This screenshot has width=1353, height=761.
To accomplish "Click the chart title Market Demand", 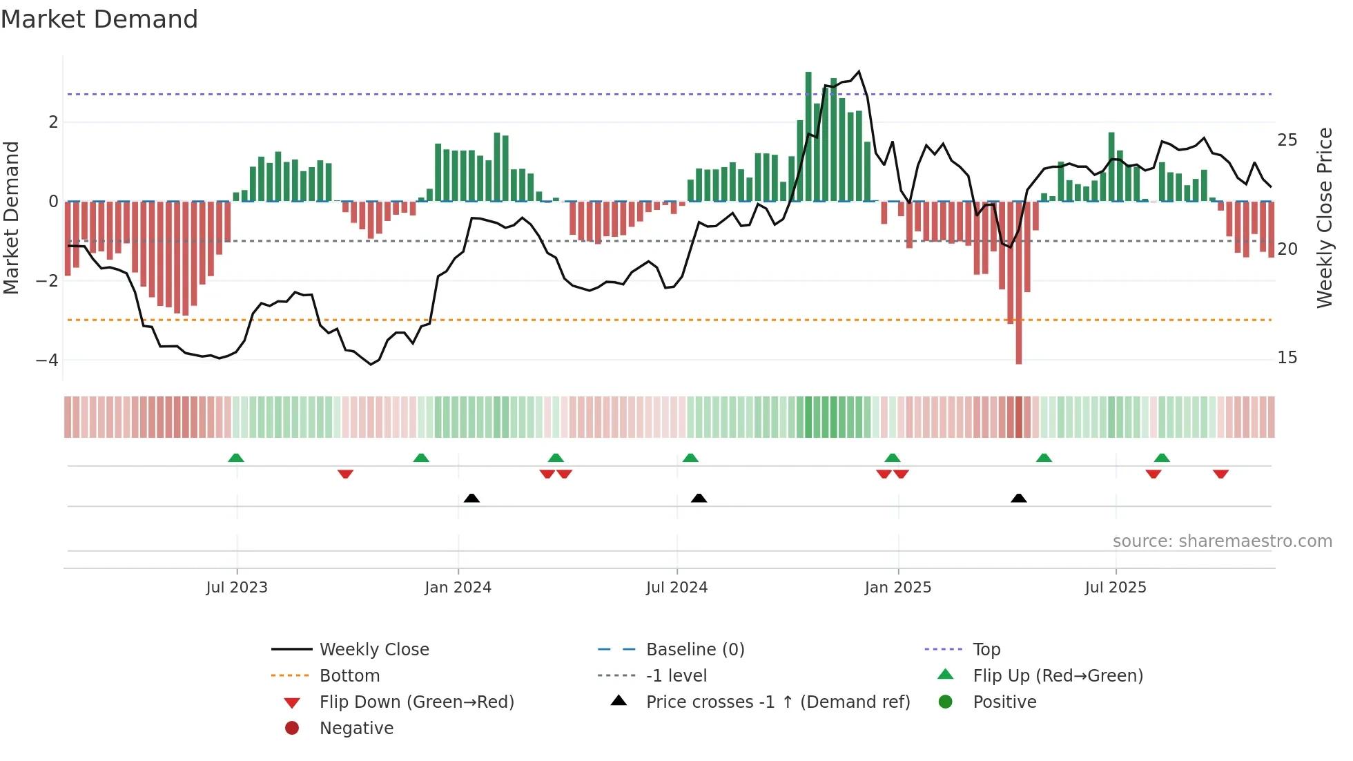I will [99, 19].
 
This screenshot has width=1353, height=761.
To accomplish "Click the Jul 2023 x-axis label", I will [236, 588].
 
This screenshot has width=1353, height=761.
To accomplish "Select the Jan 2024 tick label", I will [458, 588].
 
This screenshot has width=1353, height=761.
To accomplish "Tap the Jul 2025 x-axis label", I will [1115, 588].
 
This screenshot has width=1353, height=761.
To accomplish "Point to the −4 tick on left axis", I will [47, 360].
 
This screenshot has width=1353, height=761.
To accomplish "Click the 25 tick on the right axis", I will [1287, 140].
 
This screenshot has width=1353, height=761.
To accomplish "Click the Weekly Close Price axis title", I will [1324, 218].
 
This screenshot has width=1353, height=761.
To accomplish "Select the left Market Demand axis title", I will [11, 218].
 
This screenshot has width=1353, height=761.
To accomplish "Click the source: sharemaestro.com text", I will [1222, 541].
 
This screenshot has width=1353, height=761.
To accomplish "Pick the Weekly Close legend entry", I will [373, 650].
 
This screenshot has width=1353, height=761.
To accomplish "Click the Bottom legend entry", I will [349, 676].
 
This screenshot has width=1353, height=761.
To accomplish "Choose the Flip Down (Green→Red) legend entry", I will [416, 702].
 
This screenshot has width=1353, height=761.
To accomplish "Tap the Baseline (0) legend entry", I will [694, 650].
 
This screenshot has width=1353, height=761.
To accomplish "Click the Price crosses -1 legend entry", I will [777, 702].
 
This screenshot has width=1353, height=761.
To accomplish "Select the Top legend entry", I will [986, 650].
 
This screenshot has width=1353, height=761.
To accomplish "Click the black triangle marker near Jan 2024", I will [471, 498].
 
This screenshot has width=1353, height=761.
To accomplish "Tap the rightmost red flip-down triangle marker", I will [1220, 474].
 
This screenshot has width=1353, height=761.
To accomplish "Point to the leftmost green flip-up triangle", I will [236, 458].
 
